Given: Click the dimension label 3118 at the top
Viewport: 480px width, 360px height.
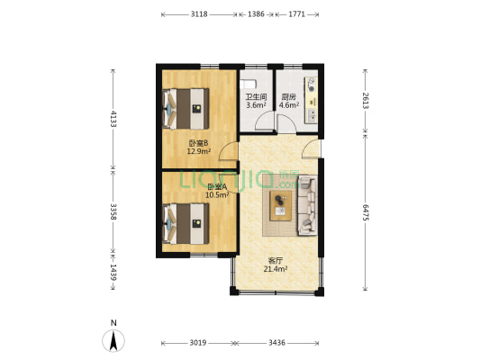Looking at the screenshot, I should (x=200, y=14).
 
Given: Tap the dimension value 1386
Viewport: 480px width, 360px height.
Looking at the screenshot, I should (x=256, y=14).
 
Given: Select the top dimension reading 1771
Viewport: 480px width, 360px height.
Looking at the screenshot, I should (x=296, y=14).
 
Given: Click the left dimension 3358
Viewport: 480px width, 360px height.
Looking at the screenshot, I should (x=113, y=211).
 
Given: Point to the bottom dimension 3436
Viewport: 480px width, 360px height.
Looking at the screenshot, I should (x=276, y=343).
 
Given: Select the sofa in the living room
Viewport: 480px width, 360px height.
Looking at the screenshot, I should (x=307, y=205).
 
